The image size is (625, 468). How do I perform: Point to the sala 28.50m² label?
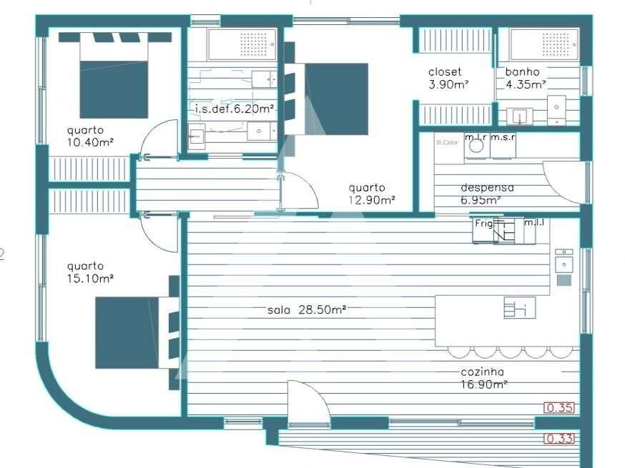point(307,310)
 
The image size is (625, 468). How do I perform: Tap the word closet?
point(444,71)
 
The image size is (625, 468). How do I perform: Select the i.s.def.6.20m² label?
point(234,109)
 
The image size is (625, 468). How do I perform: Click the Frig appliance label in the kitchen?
point(484,224)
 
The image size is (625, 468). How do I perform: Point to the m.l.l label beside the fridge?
point(534,224)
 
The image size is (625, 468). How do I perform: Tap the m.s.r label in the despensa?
point(502,137)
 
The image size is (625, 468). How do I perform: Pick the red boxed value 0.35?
point(559,409)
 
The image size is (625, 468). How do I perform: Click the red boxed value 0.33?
point(559,439)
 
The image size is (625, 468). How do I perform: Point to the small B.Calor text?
point(446,142)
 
